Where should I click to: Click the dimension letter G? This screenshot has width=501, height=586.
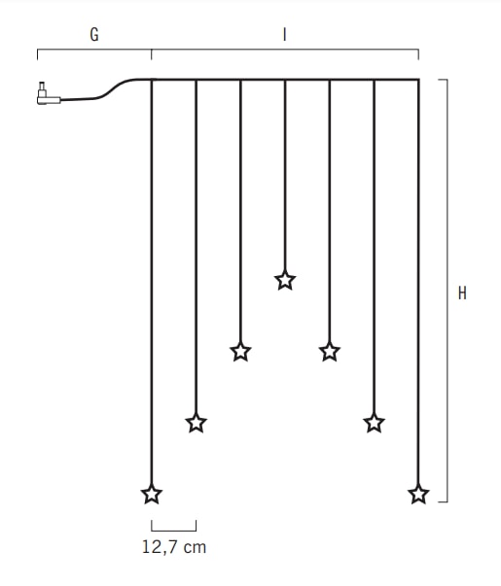[x=94, y=34]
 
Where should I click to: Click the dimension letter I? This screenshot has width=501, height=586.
[x=285, y=34]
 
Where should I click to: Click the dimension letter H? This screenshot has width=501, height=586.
[x=462, y=293]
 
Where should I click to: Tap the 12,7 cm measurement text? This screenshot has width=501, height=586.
[x=174, y=547]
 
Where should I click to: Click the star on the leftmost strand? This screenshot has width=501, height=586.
[x=152, y=494]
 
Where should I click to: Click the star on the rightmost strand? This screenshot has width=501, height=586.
[x=418, y=494]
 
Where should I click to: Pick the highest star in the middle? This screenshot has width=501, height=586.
[x=285, y=280]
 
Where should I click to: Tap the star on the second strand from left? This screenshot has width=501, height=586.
[x=197, y=423]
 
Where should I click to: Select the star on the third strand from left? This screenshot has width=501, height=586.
[x=240, y=351]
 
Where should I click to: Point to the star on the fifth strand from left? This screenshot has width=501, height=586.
[x=330, y=351]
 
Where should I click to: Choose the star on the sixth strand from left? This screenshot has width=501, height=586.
[x=375, y=423]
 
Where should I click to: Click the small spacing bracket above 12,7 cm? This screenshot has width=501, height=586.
[x=174, y=531]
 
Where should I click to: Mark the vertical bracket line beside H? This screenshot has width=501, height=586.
[x=447, y=291]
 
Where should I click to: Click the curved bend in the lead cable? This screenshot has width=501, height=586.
[x=116, y=88]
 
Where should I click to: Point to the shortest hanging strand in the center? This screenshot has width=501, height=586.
[x=285, y=176]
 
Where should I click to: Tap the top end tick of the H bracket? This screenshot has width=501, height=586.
[x=443, y=80]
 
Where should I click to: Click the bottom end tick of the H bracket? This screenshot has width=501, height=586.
[x=443, y=501]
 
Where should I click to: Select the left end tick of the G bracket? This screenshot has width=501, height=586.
[x=37, y=54]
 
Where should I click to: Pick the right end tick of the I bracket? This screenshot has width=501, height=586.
[x=418, y=54]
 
